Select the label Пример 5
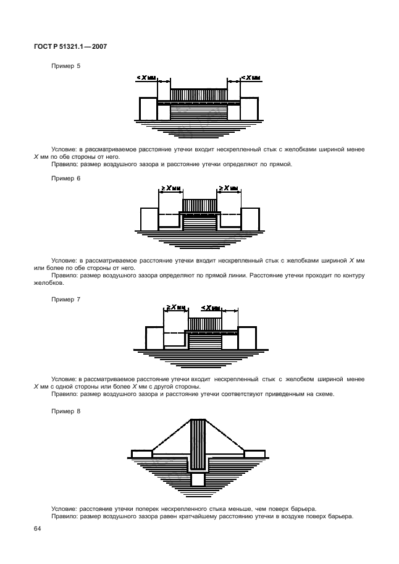[62, 65]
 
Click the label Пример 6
[62, 177]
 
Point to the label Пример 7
[62, 298]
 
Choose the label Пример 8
[62, 410]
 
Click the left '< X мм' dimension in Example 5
[146, 78]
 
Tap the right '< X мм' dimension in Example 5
[250, 78]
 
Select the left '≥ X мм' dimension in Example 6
[170, 188]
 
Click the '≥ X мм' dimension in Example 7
[175, 307]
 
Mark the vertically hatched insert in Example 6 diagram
[199, 205]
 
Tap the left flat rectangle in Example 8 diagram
[142, 454]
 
